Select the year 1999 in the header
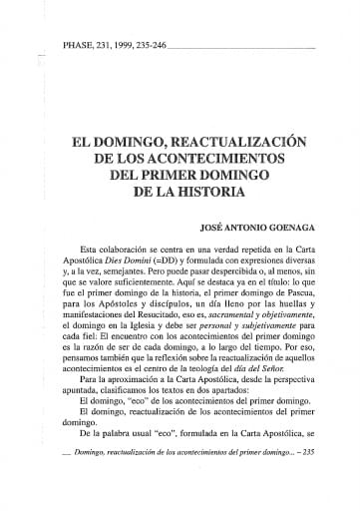point(134,46)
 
